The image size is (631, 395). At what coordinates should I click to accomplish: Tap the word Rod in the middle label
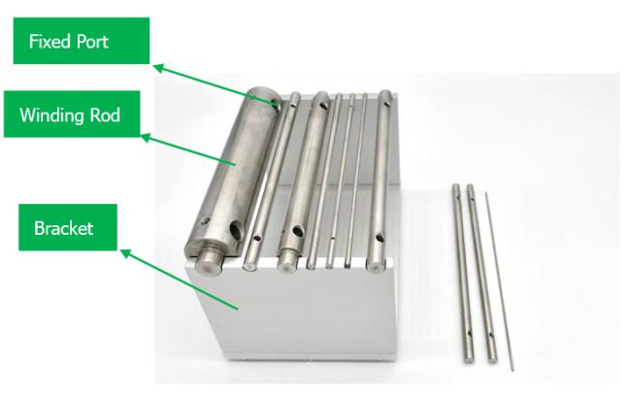click(x=105, y=115)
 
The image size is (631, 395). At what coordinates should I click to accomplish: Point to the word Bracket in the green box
click(x=63, y=228)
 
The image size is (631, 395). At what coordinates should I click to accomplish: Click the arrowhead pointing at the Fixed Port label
click(x=159, y=68)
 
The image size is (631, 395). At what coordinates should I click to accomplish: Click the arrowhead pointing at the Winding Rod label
click(x=146, y=138)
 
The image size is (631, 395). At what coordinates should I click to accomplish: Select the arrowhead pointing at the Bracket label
click(x=125, y=254)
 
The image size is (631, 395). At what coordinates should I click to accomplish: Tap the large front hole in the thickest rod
click(x=236, y=230)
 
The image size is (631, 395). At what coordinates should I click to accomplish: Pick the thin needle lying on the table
click(x=499, y=281)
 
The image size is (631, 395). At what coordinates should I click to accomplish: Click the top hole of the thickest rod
click(x=276, y=103)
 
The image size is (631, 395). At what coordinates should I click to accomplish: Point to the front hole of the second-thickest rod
click(x=297, y=232)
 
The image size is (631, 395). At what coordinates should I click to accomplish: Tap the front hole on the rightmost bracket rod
click(x=380, y=238)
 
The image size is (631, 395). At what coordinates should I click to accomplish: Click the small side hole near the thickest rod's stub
click(x=205, y=220)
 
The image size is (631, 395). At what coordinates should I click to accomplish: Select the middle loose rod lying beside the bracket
click(x=482, y=274)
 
